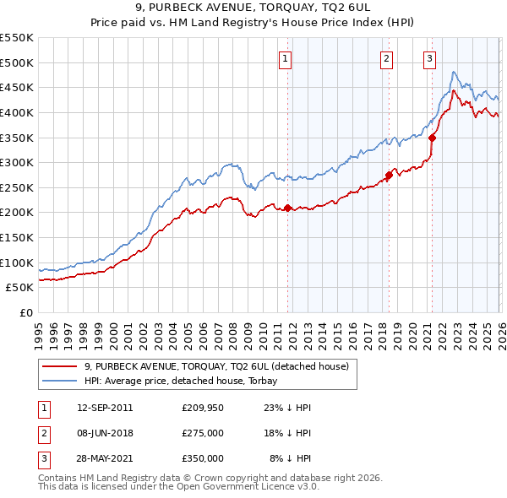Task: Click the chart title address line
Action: pyautogui.click(x=253, y=8)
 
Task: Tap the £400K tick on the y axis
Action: pyautogui.click(x=17, y=112)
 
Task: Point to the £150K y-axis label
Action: pyautogui.click(x=17, y=237)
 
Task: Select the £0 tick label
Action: pyautogui.click(x=25, y=312)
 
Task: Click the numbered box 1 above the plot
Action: pyautogui.click(x=286, y=58)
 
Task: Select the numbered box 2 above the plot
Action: pyautogui.click(x=386, y=58)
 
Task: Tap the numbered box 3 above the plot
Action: pyautogui.click(x=430, y=58)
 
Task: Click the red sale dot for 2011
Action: pyautogui.click(x=287, y=208)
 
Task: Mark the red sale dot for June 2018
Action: pyautogui.click(x=389, y=176)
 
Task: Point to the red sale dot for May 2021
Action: pyautogui.click(x=433, y=138)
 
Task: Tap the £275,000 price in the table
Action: pyautogui.click(x=203, y=432)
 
